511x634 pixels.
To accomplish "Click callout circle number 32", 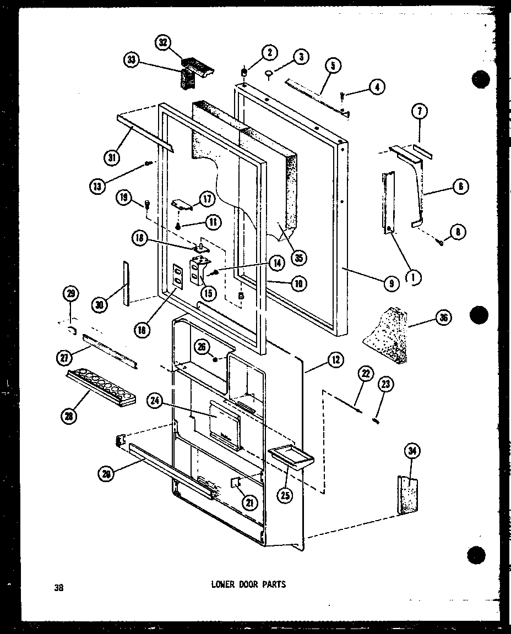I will [164, 43].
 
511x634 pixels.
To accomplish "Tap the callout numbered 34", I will [411, 452].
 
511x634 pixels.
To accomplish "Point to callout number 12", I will [334, 360].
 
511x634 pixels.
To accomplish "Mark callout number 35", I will [300, 257].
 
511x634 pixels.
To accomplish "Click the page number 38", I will [59, 587].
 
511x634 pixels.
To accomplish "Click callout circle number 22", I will [364, 373].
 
